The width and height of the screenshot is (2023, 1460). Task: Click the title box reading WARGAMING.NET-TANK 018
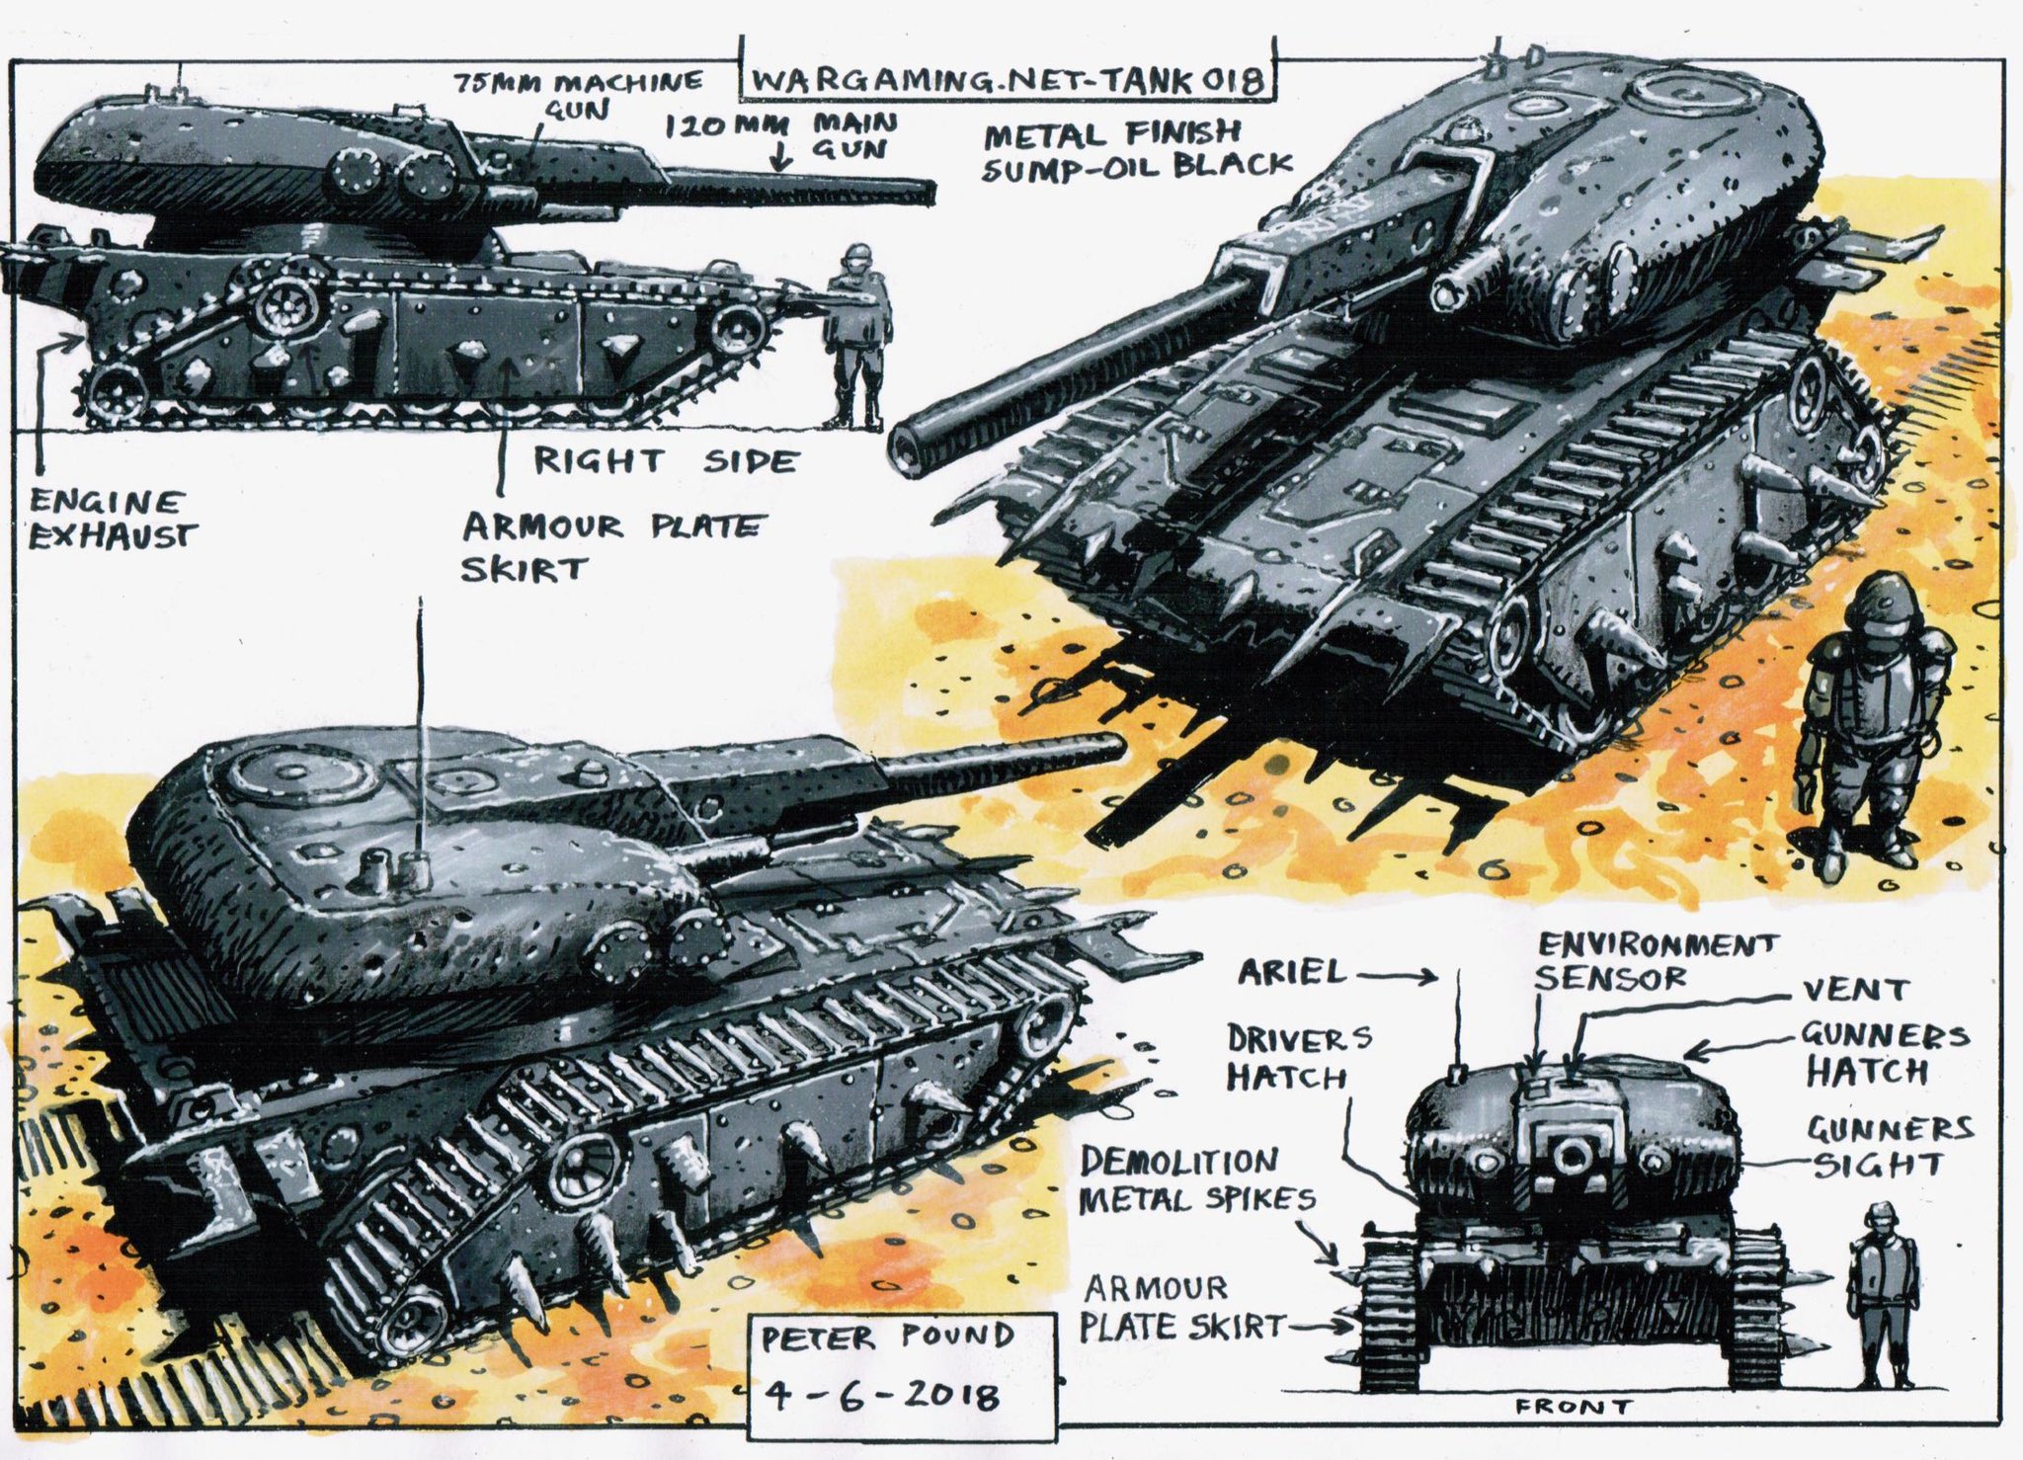[x=1003, y=80]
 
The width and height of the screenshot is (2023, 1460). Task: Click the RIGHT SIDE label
[x=664, y=461]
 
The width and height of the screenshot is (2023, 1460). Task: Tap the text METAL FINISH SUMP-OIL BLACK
[x=1134, y=150]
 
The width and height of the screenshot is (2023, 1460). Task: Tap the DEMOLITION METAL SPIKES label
[x=1195, y=1180]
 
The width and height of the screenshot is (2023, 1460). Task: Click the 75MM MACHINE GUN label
[x=578, y=94]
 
